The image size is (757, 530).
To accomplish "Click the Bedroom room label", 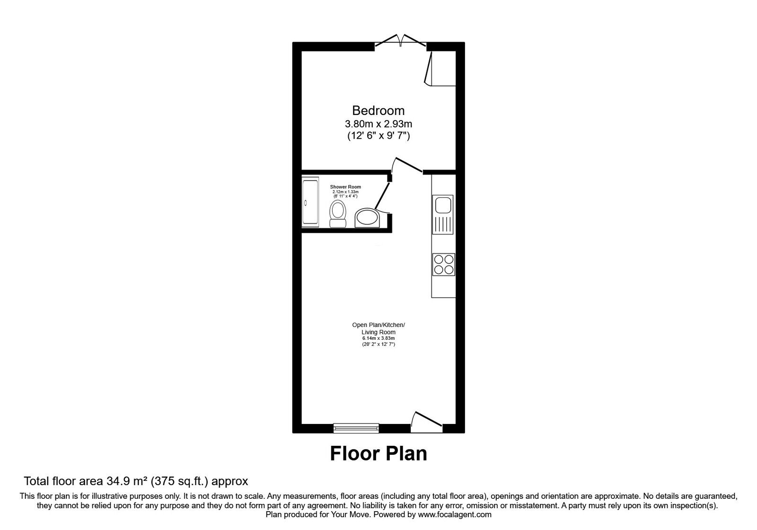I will pyautogui.click(x=378, y=110).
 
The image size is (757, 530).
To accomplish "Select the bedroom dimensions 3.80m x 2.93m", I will pyautogui.click(x=378, y=124).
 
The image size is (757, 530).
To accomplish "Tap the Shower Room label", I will pyautogui.click(x=345, y=187).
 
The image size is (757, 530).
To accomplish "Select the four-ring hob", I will pyautogui.click(x=443, y=265).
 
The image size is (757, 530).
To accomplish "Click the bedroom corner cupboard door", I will pyautogui.click(x=430, y=69).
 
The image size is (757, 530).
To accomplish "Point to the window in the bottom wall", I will pyautogui.click(x=356, y=428).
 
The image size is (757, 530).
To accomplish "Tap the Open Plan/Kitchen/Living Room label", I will pyautogui.click(x=378, y=328).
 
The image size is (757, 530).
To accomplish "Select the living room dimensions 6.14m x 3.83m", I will pyautogui.click(x=378, y=338).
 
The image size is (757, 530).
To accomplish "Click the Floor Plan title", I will pyautogui.click(x=378, y=453).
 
